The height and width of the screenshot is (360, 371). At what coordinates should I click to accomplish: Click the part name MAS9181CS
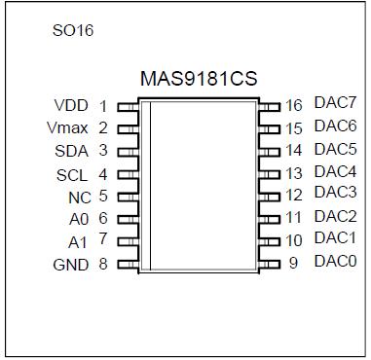coord(199,80)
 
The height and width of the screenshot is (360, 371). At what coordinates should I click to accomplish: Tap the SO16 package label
coord(73,30)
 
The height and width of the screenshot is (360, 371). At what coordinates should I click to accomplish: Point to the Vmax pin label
coord(68,127)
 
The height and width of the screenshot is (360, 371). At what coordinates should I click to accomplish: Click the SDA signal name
coord(71,151)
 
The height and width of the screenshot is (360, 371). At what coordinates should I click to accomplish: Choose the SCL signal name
coord(71,175)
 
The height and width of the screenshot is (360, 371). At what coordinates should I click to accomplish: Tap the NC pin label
coord(81,196)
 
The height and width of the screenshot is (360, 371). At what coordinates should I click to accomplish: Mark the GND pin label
coord(70,264)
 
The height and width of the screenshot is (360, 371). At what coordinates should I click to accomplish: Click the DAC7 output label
coord(335,103)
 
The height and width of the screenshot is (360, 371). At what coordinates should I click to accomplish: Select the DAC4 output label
coord(335,171)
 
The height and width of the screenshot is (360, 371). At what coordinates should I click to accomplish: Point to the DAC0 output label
coord(335,261)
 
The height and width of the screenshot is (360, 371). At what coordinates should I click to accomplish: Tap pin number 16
coord(295,104)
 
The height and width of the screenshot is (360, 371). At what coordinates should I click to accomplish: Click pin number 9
coord(294,263)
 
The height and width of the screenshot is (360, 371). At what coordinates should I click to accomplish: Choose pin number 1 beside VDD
coord(103,106)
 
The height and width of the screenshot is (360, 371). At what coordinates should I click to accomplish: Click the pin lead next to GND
coord(127,264)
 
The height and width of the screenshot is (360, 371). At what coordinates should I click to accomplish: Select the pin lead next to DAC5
coord(270,151)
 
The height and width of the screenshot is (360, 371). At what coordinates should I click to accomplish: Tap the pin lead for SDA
coord(127,151)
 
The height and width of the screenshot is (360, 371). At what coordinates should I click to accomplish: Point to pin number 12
coord(295,196)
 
